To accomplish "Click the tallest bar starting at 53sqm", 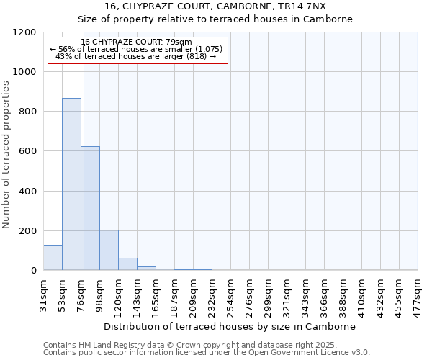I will click(x=71, y=184).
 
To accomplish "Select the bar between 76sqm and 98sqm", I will click(x=91, y=209).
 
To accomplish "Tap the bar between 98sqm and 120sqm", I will click(x=109, y=250).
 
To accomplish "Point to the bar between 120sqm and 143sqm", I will click(x=127, y=264).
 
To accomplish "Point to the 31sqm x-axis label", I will click(x=44, y=294).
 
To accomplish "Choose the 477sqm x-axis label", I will click(x=418, y=294).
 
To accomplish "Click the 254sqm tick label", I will click(x=231, y=294).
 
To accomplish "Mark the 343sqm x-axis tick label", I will click(x=306, y=294).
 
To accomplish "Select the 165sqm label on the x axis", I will click(x=156, y=294).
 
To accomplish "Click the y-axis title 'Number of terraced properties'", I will click(x=6, y=155).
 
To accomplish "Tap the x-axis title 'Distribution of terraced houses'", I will click(x=230, y=326).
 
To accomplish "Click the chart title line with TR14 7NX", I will click(x=215, y=6).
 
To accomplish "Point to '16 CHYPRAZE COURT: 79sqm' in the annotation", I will click(x=136, y=42).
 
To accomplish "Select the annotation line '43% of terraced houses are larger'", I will click(x=136, y=56).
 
